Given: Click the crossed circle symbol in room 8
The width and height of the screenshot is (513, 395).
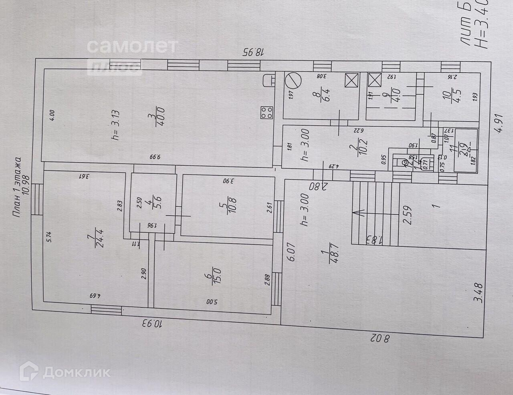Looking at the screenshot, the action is [292, 80].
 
